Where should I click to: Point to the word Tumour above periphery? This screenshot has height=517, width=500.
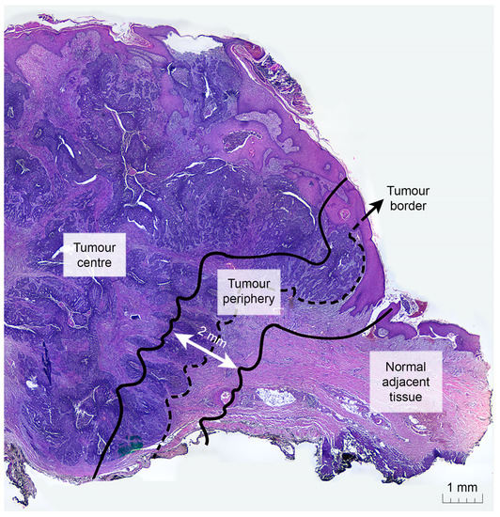[249, 283]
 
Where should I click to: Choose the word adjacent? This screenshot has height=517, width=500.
[399, 382]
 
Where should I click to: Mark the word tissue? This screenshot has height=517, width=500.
[399, 399]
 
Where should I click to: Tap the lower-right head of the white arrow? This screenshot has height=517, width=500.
[234, 368]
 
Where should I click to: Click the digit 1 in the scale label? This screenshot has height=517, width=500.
[450, 487]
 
